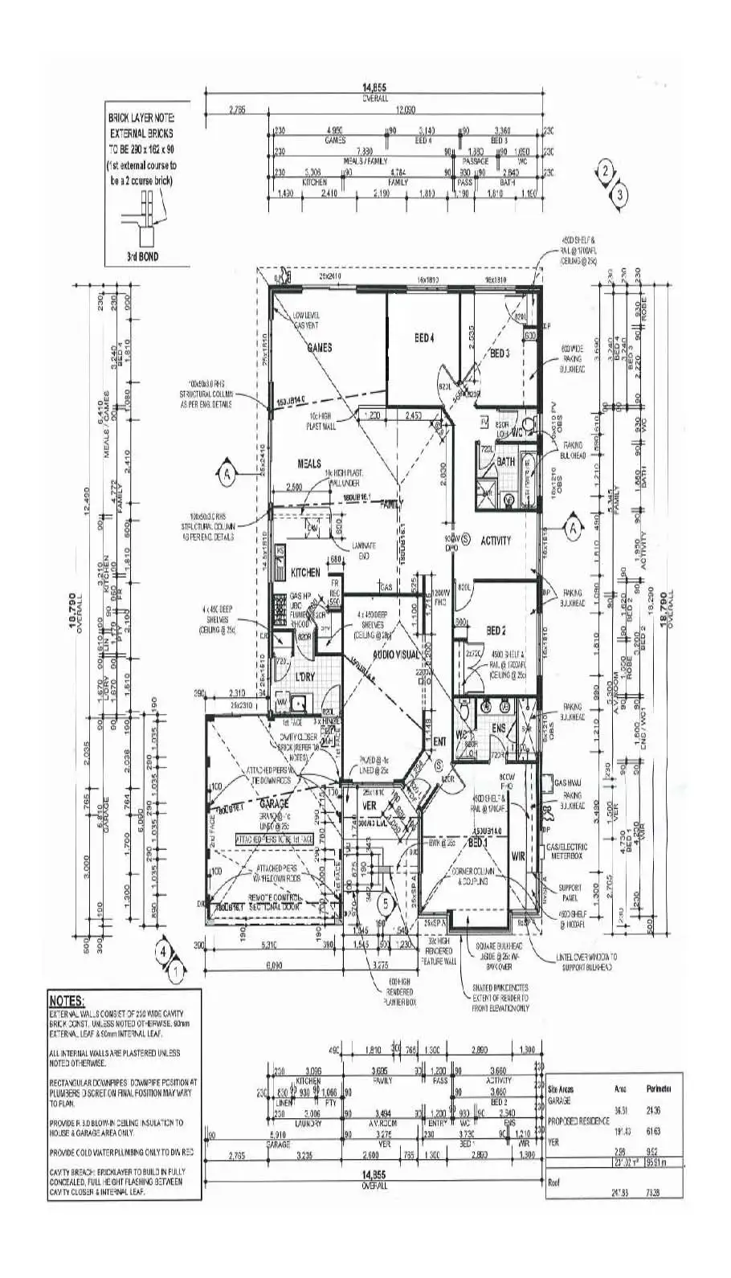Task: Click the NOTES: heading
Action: (x=67, y=1001)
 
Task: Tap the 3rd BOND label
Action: (x=141, y=257)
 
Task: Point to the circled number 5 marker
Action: (x=386, y=903)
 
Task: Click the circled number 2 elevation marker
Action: (x=606, y=171)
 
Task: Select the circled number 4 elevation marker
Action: (x=164, y=950)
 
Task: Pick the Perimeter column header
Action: (x=659, y=1088)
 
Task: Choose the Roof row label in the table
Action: (x=554, y=1182)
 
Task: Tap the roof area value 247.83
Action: (x=617, y=1191)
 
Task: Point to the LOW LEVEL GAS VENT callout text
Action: (x=307, y=321)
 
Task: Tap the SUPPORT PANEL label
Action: (x=569, y=892)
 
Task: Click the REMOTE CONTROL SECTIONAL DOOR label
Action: (x=272, y=901)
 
